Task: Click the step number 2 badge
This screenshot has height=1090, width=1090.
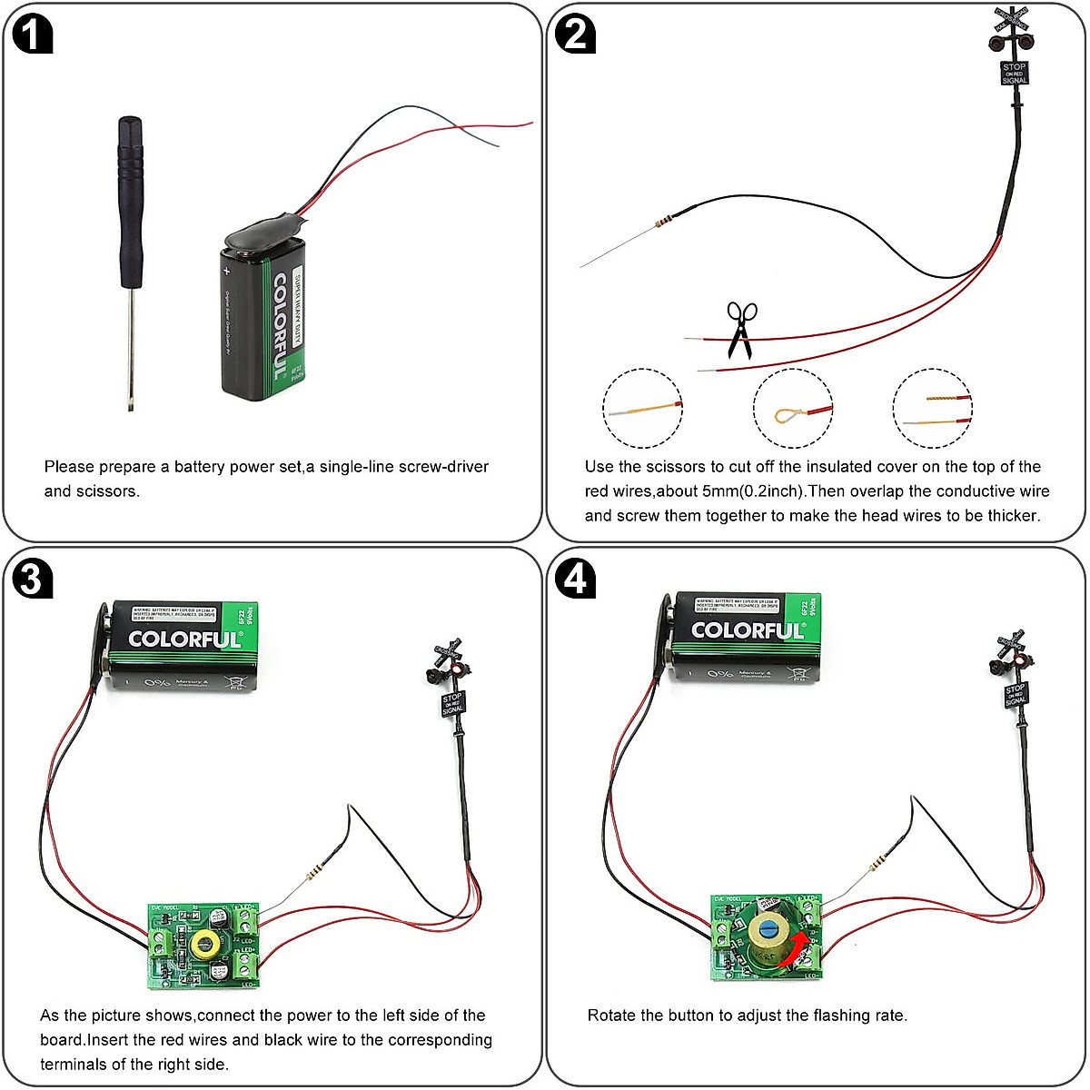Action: point(576,35)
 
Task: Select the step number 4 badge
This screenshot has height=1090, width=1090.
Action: point(576,579)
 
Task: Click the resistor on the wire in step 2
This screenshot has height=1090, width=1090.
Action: point(665,219)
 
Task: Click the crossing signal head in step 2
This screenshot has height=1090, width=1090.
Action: point(1012,36)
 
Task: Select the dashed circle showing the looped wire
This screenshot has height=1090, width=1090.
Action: point(793,409)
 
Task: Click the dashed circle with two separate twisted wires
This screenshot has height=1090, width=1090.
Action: point(933,409)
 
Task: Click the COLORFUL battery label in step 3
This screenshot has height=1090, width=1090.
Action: point(184,639)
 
